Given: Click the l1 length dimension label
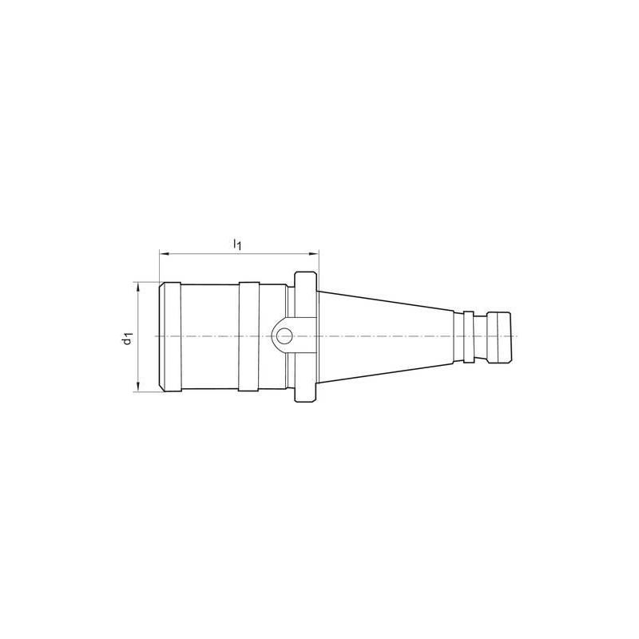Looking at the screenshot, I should [237, 244].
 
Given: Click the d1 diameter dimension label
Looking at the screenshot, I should [126, 337].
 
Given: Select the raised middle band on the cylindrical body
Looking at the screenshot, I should [248, 336].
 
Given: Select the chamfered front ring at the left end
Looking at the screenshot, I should [170, 336].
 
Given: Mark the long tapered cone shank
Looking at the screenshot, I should [383, 336].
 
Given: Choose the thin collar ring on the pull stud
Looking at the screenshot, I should [470, 336].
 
